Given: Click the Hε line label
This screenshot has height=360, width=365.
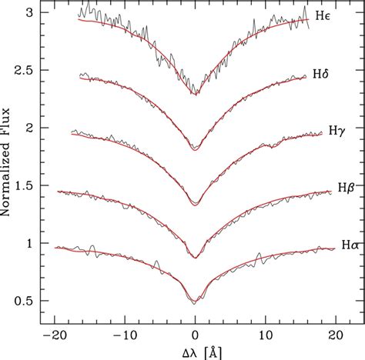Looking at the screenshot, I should [x=323, y=15].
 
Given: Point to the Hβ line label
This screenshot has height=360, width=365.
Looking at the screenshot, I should [x=345, y=188].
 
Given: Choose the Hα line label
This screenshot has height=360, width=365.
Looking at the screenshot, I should [x=349, y=245].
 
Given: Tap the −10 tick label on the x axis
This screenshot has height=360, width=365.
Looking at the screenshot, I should [x=124, y=335].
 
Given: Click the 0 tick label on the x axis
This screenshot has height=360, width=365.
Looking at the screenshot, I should [x=196, y=335].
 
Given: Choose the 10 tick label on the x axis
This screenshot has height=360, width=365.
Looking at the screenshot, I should [x=266, y=335].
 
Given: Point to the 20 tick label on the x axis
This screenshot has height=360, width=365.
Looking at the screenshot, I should [x=336, y=335].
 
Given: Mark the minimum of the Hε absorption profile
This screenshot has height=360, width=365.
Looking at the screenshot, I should [x=196, y=94].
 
